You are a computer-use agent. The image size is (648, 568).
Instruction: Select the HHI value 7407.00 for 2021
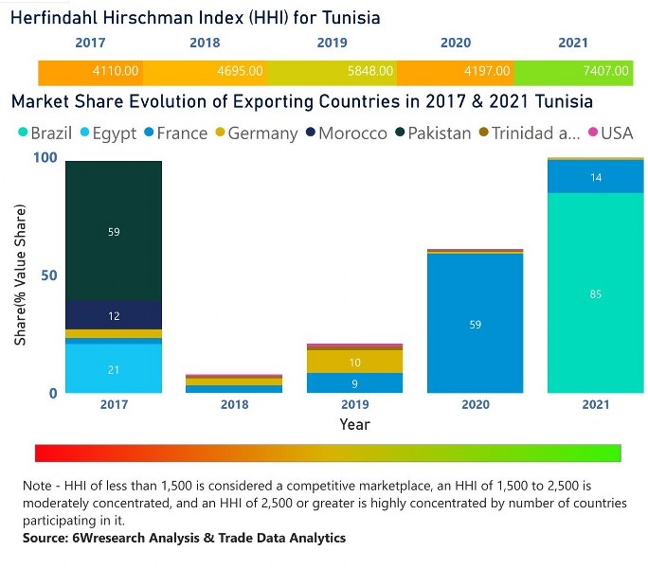tap(606, 71)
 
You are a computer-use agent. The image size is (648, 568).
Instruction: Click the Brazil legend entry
tap(44, 133)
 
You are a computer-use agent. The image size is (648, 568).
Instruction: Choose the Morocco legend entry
tap(345, 133)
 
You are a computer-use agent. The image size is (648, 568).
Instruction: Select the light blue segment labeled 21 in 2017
tap(114, 368)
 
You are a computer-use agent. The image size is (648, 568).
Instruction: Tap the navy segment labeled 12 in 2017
tap(114, 315)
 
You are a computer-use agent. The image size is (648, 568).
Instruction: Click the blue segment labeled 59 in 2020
tap(476, 324)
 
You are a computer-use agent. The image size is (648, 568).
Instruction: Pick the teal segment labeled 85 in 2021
tap(596, 293)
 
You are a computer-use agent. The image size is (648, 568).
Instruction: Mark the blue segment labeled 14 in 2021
tap(596, 177)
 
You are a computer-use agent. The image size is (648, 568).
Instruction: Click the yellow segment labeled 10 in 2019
tap(355, 362)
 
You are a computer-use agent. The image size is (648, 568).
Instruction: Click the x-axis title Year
tap(355, 425)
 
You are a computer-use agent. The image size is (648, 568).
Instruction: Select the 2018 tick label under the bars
tap(234, 405)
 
